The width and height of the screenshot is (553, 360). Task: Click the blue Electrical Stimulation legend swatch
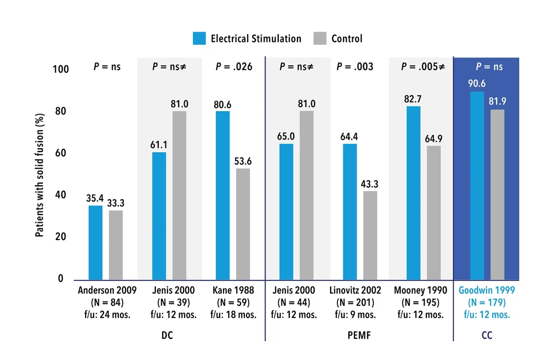(199, 39)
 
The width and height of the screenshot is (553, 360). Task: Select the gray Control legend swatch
(320, 39)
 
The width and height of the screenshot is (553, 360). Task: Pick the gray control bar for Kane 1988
(243, 224)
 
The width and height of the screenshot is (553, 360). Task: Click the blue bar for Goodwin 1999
(477, 185)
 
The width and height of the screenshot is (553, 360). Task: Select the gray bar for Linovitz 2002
(370, 235)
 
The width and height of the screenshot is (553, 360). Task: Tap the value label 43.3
(371, 183)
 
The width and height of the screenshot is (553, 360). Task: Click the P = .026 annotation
(234, 67)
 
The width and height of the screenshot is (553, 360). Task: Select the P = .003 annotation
(354, 67)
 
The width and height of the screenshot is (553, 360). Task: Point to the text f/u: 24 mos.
(106, 315)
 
